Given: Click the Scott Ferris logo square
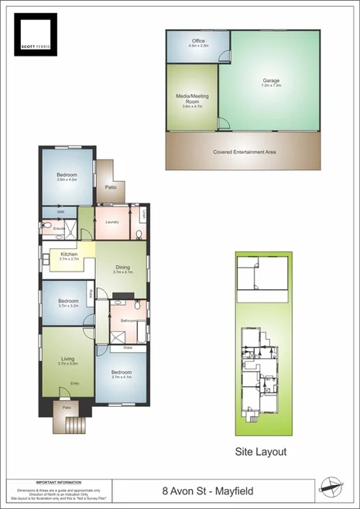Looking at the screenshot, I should pos(36,34).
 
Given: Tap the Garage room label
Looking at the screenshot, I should pos(270,80).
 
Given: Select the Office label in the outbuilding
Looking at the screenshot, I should pos(197,43).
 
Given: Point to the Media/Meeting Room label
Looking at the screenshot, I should pos(192,100).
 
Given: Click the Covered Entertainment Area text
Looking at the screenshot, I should pos(244,152).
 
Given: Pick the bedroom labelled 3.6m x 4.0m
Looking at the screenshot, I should pos(67,176).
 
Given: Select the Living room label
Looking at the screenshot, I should pos(68,358).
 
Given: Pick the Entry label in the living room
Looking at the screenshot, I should pos(75,384).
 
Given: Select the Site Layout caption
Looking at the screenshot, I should pos(261,451).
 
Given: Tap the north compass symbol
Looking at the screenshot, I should pos(331,487).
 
